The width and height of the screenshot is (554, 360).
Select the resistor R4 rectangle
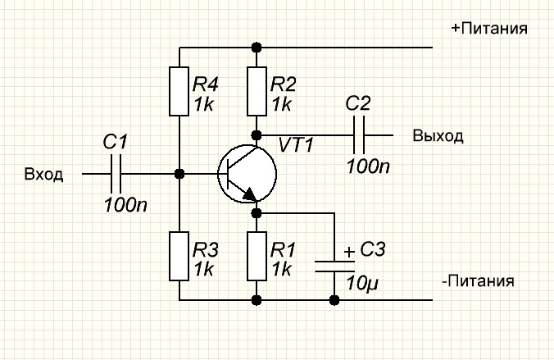tap(179, 92)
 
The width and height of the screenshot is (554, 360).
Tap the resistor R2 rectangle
tap(257, 92)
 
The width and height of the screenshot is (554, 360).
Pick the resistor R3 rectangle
tap(179, 256)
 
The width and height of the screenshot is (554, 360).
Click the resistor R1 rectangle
tap(257, 256)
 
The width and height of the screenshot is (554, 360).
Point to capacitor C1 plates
tap(116, 174)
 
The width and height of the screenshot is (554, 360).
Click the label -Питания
tap(478, 281)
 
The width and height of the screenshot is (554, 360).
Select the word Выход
tap(438, 135)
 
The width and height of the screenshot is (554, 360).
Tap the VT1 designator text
tap(296, 145)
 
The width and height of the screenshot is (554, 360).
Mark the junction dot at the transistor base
tap(179, 174)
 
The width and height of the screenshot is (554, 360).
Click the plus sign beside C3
tap(350, 252)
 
